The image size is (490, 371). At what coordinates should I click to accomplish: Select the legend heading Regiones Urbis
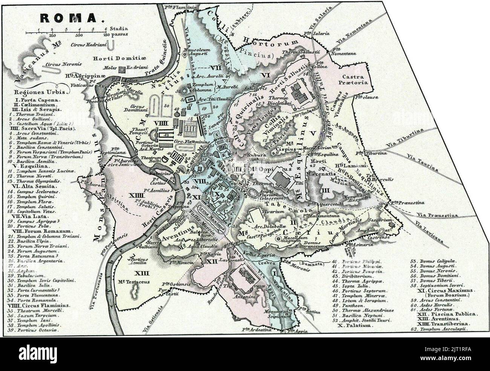40,92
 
